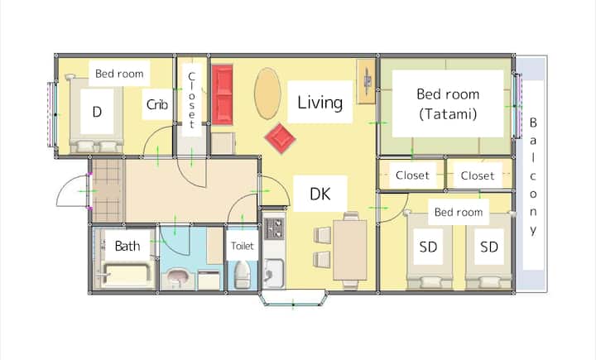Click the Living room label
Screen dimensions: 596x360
(320, 103)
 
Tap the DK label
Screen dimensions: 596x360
(320, 194)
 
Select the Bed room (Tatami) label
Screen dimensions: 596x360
(448, 103)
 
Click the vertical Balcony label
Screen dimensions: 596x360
(533, 176)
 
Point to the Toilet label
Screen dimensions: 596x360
(242, 246)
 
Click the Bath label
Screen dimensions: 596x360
(127, 246)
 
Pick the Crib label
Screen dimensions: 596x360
(157, 104)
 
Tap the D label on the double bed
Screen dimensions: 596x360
(97, 112)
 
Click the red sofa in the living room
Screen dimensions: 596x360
(222, 94)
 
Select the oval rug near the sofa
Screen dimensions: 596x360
(267, 94)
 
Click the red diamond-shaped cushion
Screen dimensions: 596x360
(280, 138)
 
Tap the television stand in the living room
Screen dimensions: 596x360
(367, 81)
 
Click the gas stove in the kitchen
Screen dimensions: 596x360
(274, 228)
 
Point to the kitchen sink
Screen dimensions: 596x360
(273, 272)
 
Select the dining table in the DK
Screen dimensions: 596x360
(350, 250)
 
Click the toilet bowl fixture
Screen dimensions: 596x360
(242, 275)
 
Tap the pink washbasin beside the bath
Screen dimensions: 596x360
(177, 276)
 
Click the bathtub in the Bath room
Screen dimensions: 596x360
(126, 275)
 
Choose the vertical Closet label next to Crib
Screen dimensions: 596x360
(191, 100)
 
